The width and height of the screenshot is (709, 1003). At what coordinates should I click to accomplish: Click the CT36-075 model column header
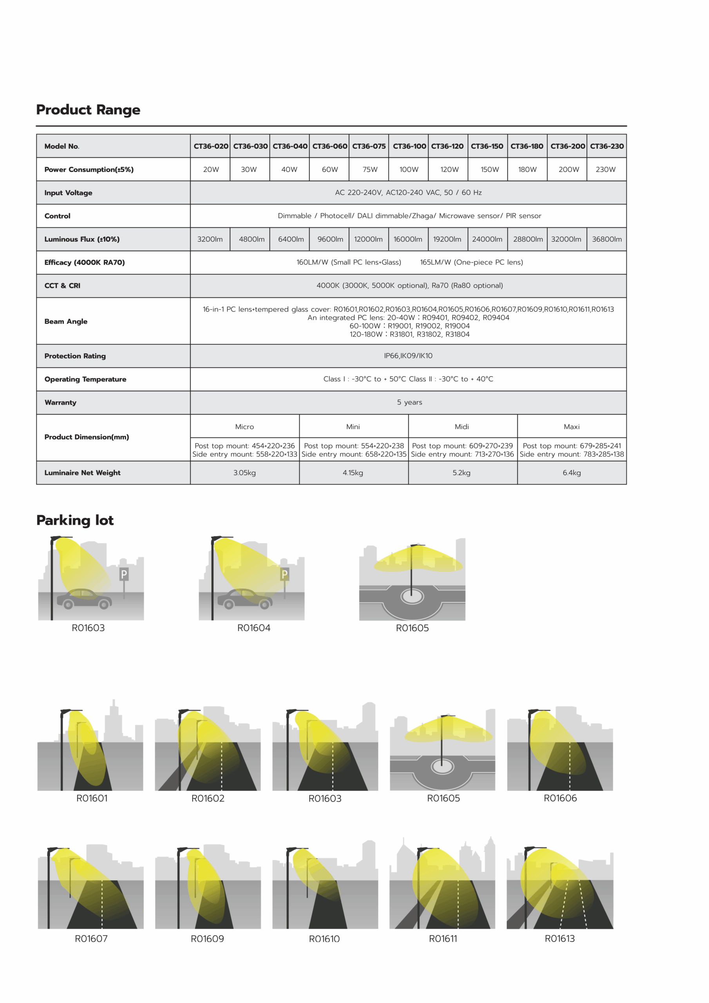[369, 147]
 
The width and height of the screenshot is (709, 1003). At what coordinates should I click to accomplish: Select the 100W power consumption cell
[409, 170]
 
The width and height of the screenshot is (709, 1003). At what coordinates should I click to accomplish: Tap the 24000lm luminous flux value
[487, 239]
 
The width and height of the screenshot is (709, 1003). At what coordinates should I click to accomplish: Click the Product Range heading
[88, 110]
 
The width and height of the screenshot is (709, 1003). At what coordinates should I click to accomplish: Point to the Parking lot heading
[75, 520]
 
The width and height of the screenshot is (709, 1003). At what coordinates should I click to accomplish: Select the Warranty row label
[60, 402]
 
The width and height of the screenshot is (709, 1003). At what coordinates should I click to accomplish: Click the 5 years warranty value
[409, 402]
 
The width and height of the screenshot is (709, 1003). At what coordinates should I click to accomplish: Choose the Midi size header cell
[462, 427]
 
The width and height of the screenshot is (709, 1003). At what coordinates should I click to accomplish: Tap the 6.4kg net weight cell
[572, 473]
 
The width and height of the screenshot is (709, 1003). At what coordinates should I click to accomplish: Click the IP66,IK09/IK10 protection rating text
[408, 356]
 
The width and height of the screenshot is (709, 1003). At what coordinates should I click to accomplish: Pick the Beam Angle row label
[66, 322]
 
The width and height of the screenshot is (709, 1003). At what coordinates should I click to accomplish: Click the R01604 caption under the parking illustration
[254, 628]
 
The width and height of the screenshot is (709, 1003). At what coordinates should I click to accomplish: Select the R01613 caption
[560, 938]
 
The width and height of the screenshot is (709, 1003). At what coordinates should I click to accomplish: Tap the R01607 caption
[91, 938]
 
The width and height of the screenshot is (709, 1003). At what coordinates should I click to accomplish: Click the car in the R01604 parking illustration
[245, 599]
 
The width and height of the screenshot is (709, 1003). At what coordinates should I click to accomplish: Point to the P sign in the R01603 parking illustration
[124, 574]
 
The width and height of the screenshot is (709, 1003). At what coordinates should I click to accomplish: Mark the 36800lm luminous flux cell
[606, 239]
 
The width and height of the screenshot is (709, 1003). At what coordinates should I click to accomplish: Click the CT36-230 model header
[606, 147]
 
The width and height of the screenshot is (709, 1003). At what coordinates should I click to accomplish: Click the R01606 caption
[560, 798]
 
